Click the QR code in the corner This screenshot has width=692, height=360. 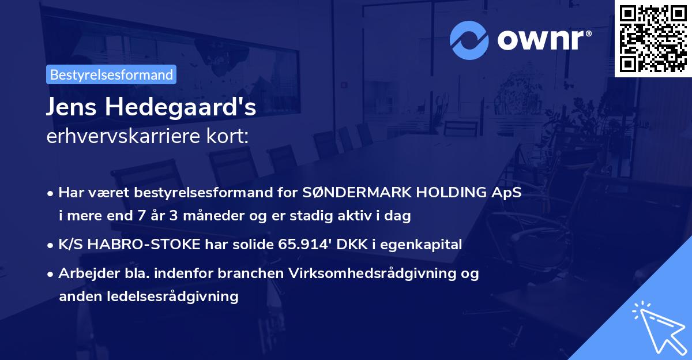[x=653, y=39]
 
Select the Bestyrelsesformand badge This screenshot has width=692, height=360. [x=111, y=74]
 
